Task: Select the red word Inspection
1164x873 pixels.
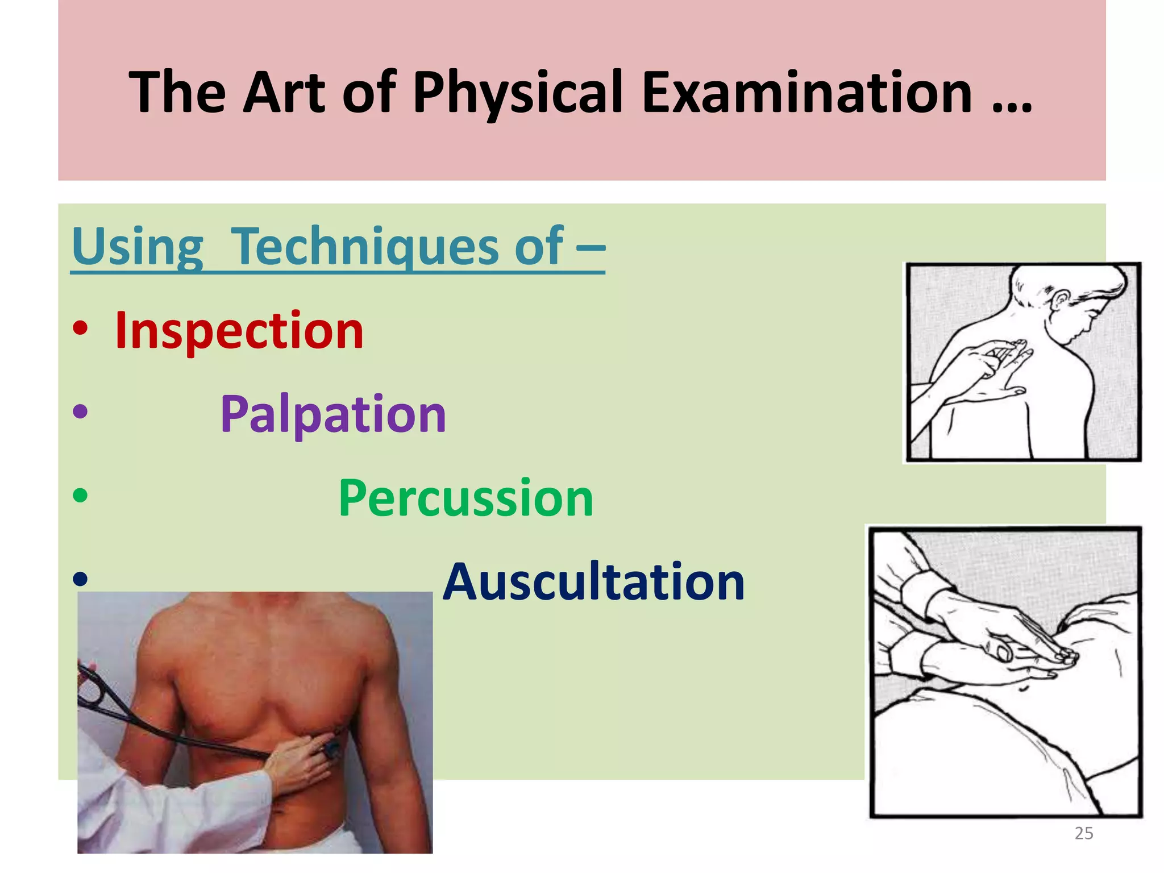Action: pos(239,331)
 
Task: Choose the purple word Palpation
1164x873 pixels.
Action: pos(333,415)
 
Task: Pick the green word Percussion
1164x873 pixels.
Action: pos(465,499)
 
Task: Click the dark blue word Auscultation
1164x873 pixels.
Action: pos(593,582)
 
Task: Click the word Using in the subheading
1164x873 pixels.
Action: pos(138,247)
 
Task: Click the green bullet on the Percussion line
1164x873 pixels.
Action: pos(80,495)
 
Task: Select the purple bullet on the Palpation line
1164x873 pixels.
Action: pos(80,411)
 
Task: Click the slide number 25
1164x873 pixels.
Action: pos(1084,833)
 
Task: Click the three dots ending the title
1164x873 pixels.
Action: pos(1011,108)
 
